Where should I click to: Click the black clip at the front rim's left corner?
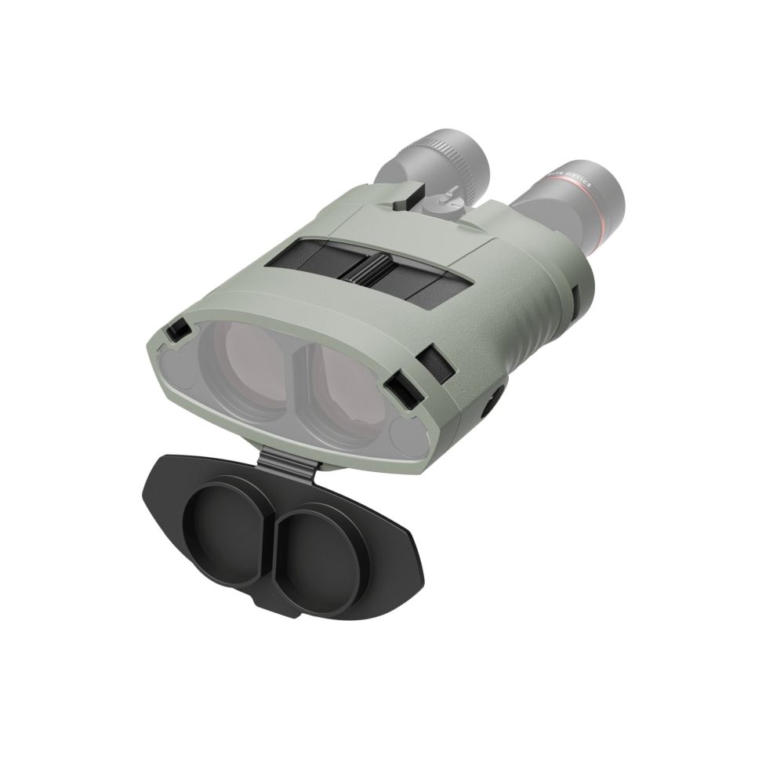(x=179, y=331)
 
